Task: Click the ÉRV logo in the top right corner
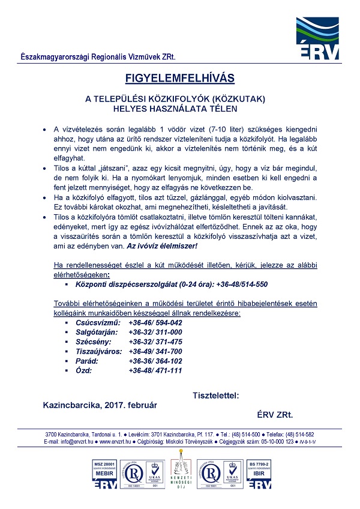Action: click(x=317, y=39)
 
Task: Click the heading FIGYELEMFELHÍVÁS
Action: click(x=179, y=77)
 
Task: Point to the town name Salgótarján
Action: click(x=98, y=332)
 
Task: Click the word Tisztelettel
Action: click(x=217, y=395)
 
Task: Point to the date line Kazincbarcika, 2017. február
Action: click(x=100, y=405)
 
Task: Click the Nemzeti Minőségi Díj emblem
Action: click(x=180, y=474)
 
